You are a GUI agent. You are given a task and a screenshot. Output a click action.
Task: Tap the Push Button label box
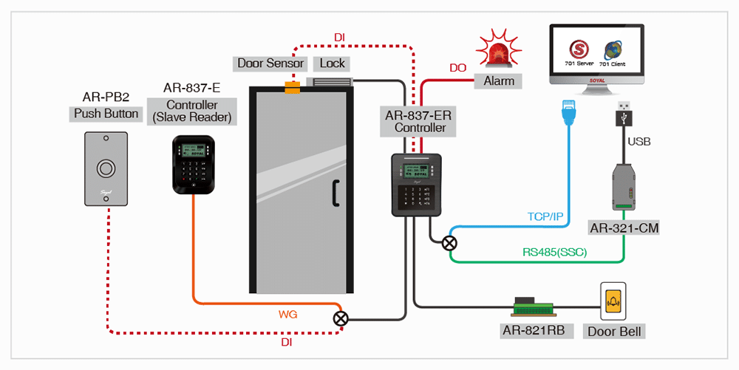coord(106,114)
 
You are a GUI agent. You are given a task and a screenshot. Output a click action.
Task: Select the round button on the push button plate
coord(106,169)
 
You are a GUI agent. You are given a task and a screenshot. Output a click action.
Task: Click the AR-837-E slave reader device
coord(194,165)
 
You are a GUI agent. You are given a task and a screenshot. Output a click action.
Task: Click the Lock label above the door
coord(333,64)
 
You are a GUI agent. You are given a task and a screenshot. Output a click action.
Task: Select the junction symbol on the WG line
coord(341,319)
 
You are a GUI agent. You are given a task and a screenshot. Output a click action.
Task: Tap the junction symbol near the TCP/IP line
coord(449,242)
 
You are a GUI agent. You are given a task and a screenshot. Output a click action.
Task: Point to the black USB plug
coord(624,114)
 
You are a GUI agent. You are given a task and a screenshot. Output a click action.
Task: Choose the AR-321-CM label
coord(624,227)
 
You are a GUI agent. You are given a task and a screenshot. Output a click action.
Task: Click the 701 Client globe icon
coord(613,50)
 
